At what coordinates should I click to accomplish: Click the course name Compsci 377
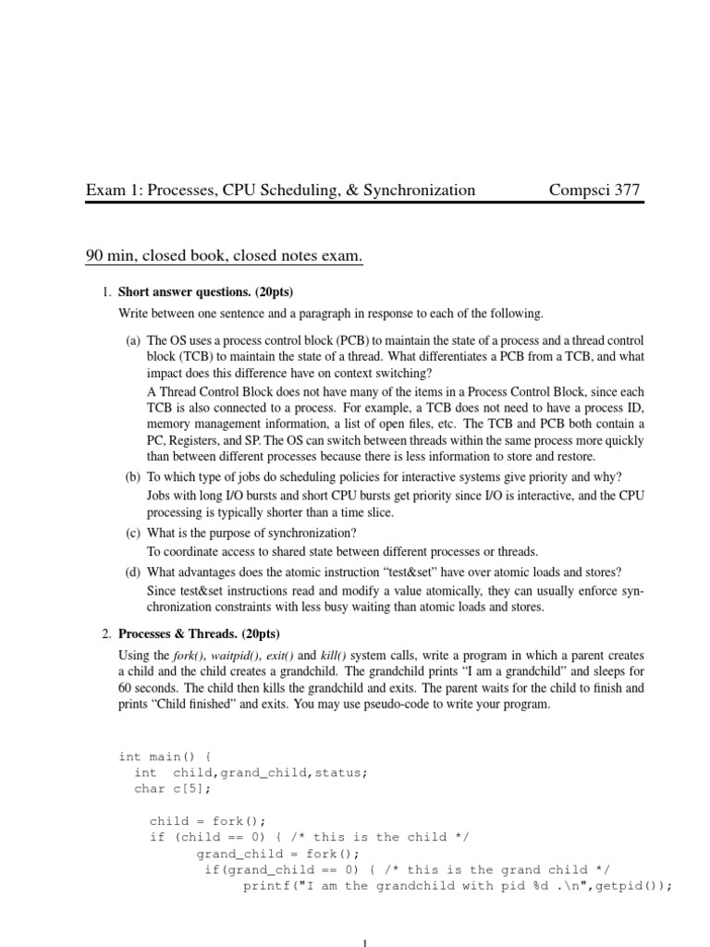594,191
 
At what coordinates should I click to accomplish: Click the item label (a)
133,341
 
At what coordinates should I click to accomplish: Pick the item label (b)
133,476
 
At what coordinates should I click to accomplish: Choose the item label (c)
133,533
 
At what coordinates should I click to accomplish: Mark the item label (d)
133,572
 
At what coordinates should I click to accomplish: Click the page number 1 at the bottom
366,941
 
